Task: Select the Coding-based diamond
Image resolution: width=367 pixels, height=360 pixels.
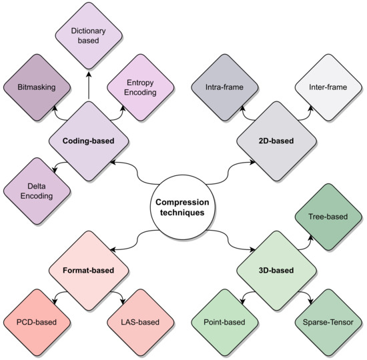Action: [89, 141]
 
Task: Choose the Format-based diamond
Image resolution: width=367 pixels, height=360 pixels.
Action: [89, 271]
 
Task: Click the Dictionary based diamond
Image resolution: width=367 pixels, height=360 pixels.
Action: [89, 35]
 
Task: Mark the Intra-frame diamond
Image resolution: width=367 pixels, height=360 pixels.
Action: [225, 87]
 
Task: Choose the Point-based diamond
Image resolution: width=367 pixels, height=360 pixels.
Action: [225, 323]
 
